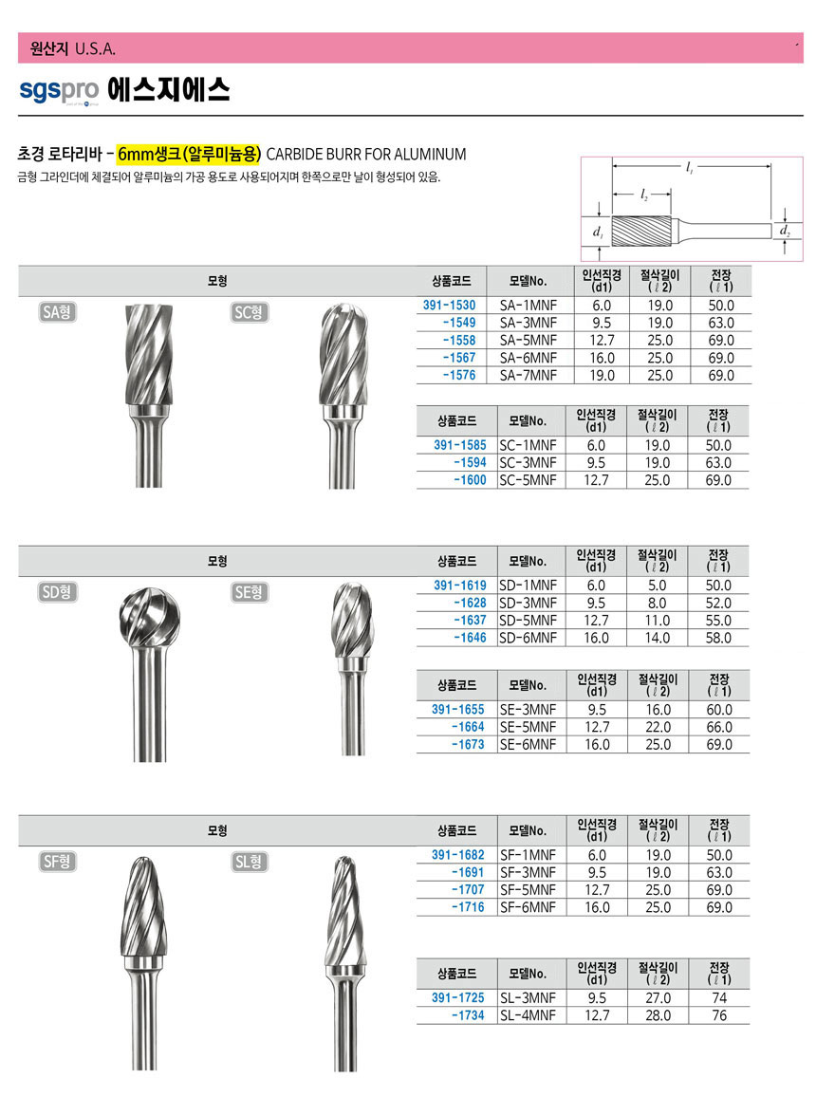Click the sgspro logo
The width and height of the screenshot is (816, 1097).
pos(58,90)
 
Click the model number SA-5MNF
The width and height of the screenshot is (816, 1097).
pos(528,341)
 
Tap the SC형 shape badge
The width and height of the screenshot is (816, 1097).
pos(249,312)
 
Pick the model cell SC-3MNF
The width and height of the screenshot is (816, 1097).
pos(528,463)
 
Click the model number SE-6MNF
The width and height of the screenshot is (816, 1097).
pos(528,745)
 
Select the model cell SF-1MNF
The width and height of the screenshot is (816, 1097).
pos(528,855)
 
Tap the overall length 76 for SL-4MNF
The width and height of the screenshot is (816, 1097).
pos(719,1015)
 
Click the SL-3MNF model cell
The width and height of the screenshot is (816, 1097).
pos(528,998)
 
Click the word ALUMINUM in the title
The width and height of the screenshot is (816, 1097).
pos(423,154)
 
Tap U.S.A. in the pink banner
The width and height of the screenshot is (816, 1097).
pos(95,48)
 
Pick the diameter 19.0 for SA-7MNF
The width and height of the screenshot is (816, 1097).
pos(601,376)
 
